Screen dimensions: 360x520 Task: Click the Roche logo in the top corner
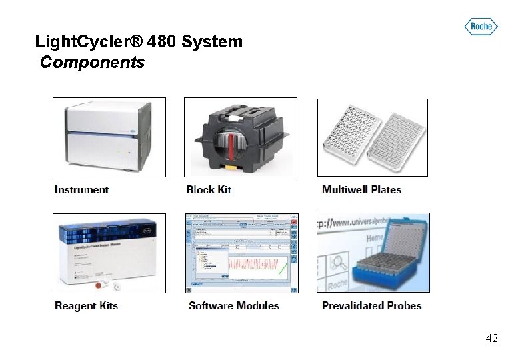481,27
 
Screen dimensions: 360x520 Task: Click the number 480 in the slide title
162,42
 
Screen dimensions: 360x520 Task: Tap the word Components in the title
92,63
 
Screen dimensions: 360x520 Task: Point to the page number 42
491,339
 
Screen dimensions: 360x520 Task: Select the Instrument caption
81,190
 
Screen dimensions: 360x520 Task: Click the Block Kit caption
209,190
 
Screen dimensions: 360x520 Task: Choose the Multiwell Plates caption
361,190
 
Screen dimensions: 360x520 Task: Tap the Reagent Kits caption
86,306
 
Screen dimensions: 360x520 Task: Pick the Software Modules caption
233,306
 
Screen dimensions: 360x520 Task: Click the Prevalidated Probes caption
371,306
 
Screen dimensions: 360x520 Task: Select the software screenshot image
241,253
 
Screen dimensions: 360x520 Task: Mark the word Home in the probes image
375,237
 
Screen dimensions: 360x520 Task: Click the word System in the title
212,42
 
